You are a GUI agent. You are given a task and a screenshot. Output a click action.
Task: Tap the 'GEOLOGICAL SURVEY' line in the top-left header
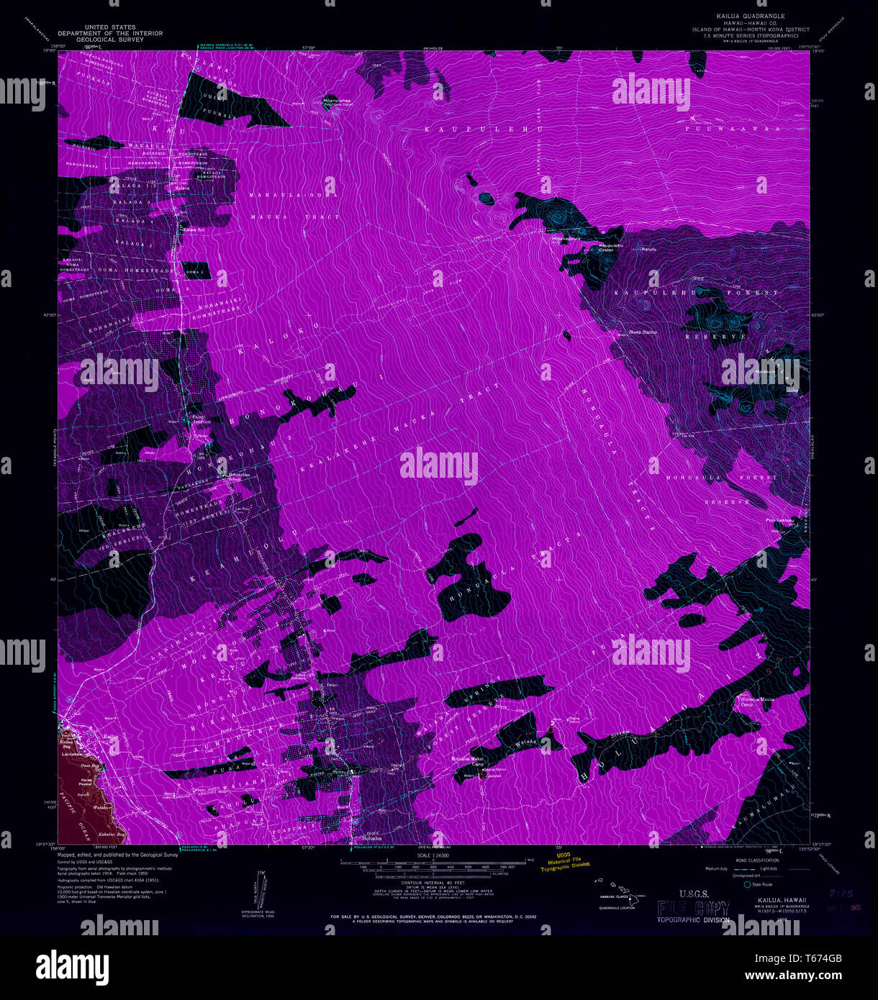coord(110,40)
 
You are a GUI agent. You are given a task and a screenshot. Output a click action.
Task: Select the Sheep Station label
coord(643,332)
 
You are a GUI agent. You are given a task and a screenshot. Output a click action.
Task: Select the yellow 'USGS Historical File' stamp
coord(565,863)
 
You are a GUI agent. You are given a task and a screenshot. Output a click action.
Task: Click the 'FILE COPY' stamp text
coord(693,909)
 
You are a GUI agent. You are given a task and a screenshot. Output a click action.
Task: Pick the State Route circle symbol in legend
coord(748,884)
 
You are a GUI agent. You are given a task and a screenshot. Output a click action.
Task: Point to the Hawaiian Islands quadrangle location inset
coord(617,896)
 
